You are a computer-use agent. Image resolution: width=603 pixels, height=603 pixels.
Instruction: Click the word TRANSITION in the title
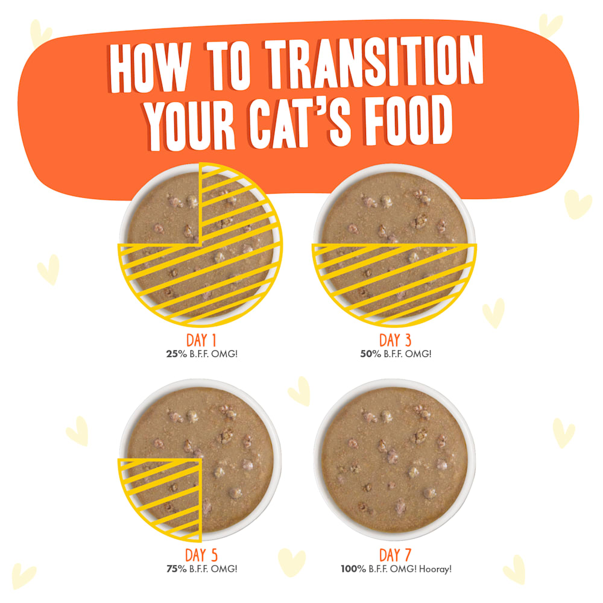(x=374, y=62)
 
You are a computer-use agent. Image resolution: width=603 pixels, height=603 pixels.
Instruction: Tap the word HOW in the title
(x=150, y=68)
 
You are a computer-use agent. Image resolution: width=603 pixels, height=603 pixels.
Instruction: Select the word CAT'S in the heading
(x=300, y=122)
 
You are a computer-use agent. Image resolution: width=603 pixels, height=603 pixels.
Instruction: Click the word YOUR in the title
(x=189, y=126)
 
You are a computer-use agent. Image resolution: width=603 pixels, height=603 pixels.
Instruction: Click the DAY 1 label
(x=201, y=340)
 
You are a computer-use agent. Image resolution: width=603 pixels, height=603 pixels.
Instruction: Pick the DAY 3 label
(x=396, y=340)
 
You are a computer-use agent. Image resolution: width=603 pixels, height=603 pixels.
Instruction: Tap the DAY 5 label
(x=201, y=555)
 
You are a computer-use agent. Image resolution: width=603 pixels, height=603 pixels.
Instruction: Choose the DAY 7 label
(x=396, y=555)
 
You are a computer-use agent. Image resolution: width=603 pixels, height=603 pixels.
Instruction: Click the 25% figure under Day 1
(x=177, y=354)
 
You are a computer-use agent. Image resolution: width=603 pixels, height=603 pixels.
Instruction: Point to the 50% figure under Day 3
(x=371, y=354)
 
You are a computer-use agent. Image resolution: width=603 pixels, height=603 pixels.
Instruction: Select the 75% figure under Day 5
(x=177, y=569)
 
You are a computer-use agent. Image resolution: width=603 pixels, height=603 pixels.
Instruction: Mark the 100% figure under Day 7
(x=353, y=569)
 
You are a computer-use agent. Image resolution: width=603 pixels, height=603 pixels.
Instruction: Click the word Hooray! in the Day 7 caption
(x=435, y=569)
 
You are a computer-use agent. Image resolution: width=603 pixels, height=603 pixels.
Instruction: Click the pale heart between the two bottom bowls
(x=300, y=390)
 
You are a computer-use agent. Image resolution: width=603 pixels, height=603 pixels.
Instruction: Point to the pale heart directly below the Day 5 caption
(x=291, y=562)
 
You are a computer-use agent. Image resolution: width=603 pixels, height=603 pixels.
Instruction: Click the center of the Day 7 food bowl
(x=394, y=460)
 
